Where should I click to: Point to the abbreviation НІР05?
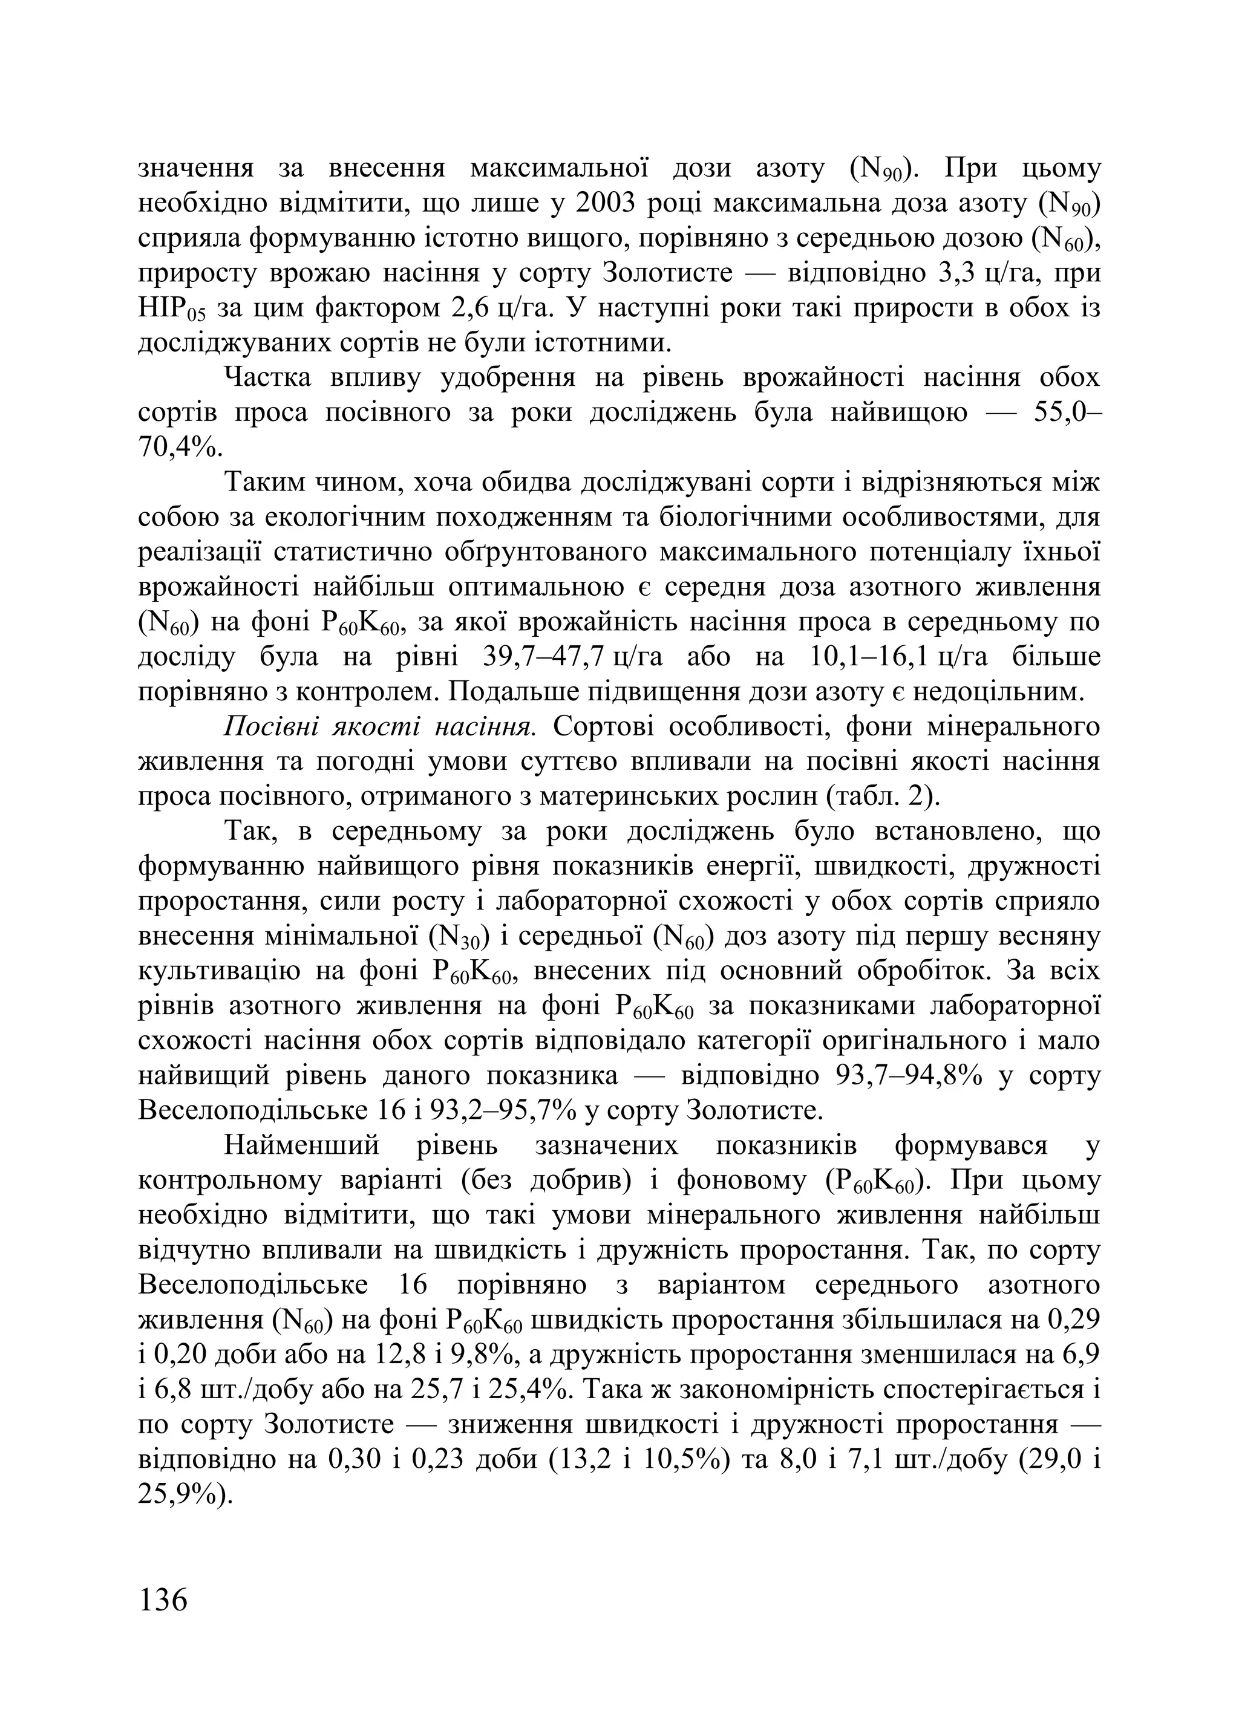click(172, 309)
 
